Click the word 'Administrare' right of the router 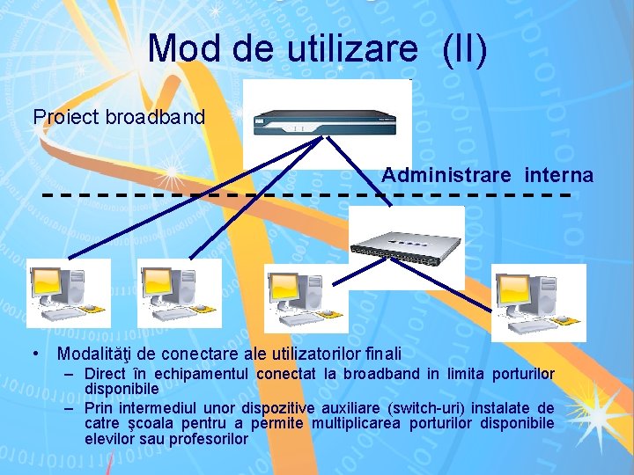[446, 176]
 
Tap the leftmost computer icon [69, 293]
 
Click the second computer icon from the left [179, 293]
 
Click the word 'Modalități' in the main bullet [95, 354]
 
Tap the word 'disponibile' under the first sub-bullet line [122, 388]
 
